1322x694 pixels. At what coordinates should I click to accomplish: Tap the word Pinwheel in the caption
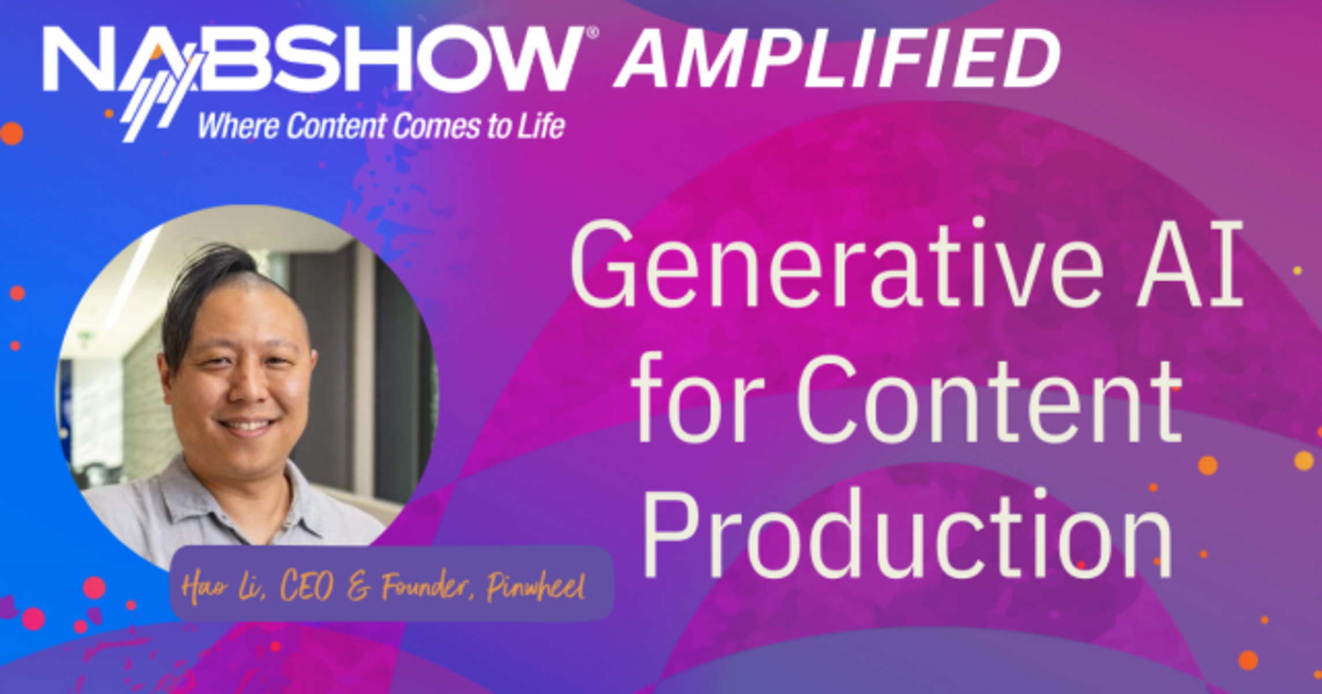click(x=535, y=586)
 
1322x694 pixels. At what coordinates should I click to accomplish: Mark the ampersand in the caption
click(x=359, y=588)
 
